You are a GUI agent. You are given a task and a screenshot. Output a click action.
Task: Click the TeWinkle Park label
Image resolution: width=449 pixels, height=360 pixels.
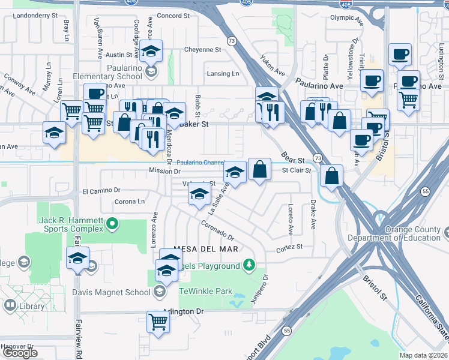[x=206, y=291]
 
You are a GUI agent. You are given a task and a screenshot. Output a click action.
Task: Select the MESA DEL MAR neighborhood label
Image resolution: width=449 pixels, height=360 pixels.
[x=206, y=248]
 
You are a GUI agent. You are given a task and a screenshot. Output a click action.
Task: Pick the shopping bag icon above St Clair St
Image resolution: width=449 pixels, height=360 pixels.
[x=259, y=169]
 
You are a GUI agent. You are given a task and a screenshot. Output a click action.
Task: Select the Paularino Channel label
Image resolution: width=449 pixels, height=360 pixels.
[x=200, y=162]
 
